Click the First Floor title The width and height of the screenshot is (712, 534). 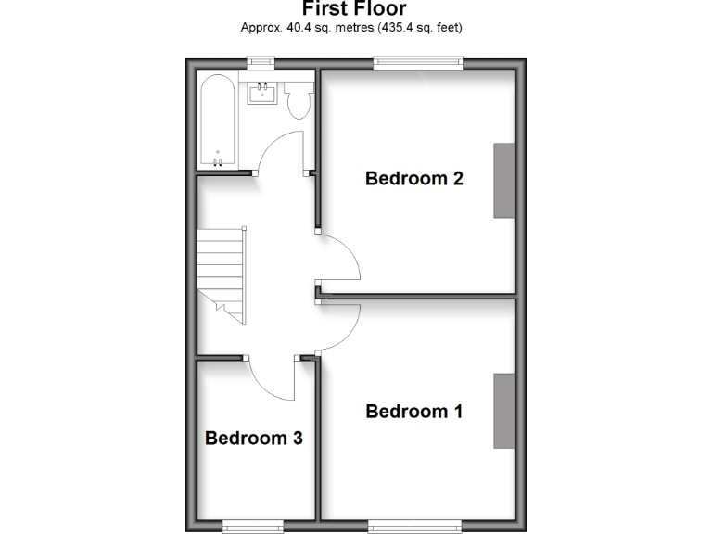[x=354, y=9]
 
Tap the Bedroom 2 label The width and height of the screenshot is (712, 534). [x=413, y=178]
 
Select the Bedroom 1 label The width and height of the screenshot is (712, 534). [x=413, y=411]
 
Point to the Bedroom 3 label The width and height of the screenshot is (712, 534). [x=253, y=438]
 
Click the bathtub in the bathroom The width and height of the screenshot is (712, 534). [x=217, y=122]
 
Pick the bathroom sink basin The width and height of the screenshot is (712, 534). [x=263, y=95]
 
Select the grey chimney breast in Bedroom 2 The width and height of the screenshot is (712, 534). [x=503, y=181]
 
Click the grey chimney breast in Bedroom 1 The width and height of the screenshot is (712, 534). [x=503, y=411]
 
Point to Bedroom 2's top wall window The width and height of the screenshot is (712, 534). [x=417, y=63]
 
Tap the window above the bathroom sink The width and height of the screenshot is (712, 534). [x=261, y=63]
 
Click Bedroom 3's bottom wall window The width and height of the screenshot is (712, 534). [x=253, y=527]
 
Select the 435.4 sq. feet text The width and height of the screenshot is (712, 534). [x=420, y=28]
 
